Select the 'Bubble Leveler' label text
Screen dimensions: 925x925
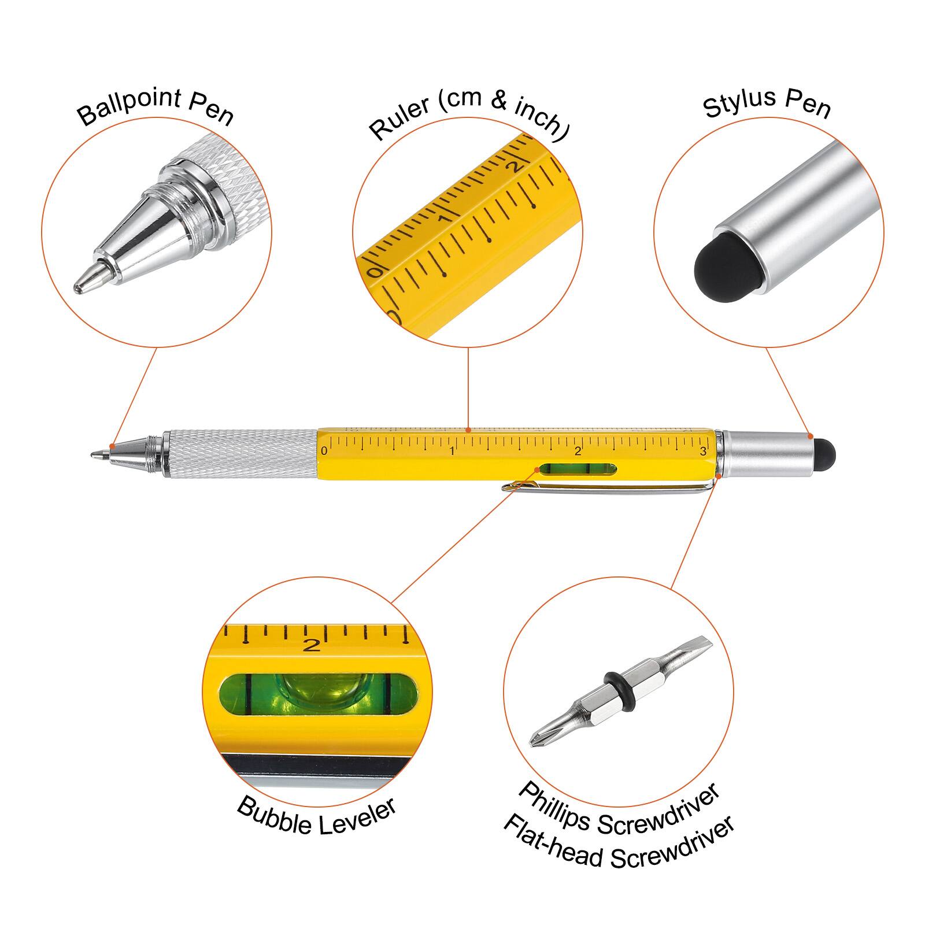[x=316, y=816]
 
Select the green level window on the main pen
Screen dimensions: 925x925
[x=577, y=472]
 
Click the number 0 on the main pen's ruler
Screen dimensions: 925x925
[x=324, y=451]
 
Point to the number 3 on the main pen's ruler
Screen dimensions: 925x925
[x=703, y=452]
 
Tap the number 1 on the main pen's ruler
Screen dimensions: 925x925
[x=452, y=451]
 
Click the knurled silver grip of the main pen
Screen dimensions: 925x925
[x=240, y=454]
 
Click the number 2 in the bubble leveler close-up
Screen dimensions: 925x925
[x=312, y=644]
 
